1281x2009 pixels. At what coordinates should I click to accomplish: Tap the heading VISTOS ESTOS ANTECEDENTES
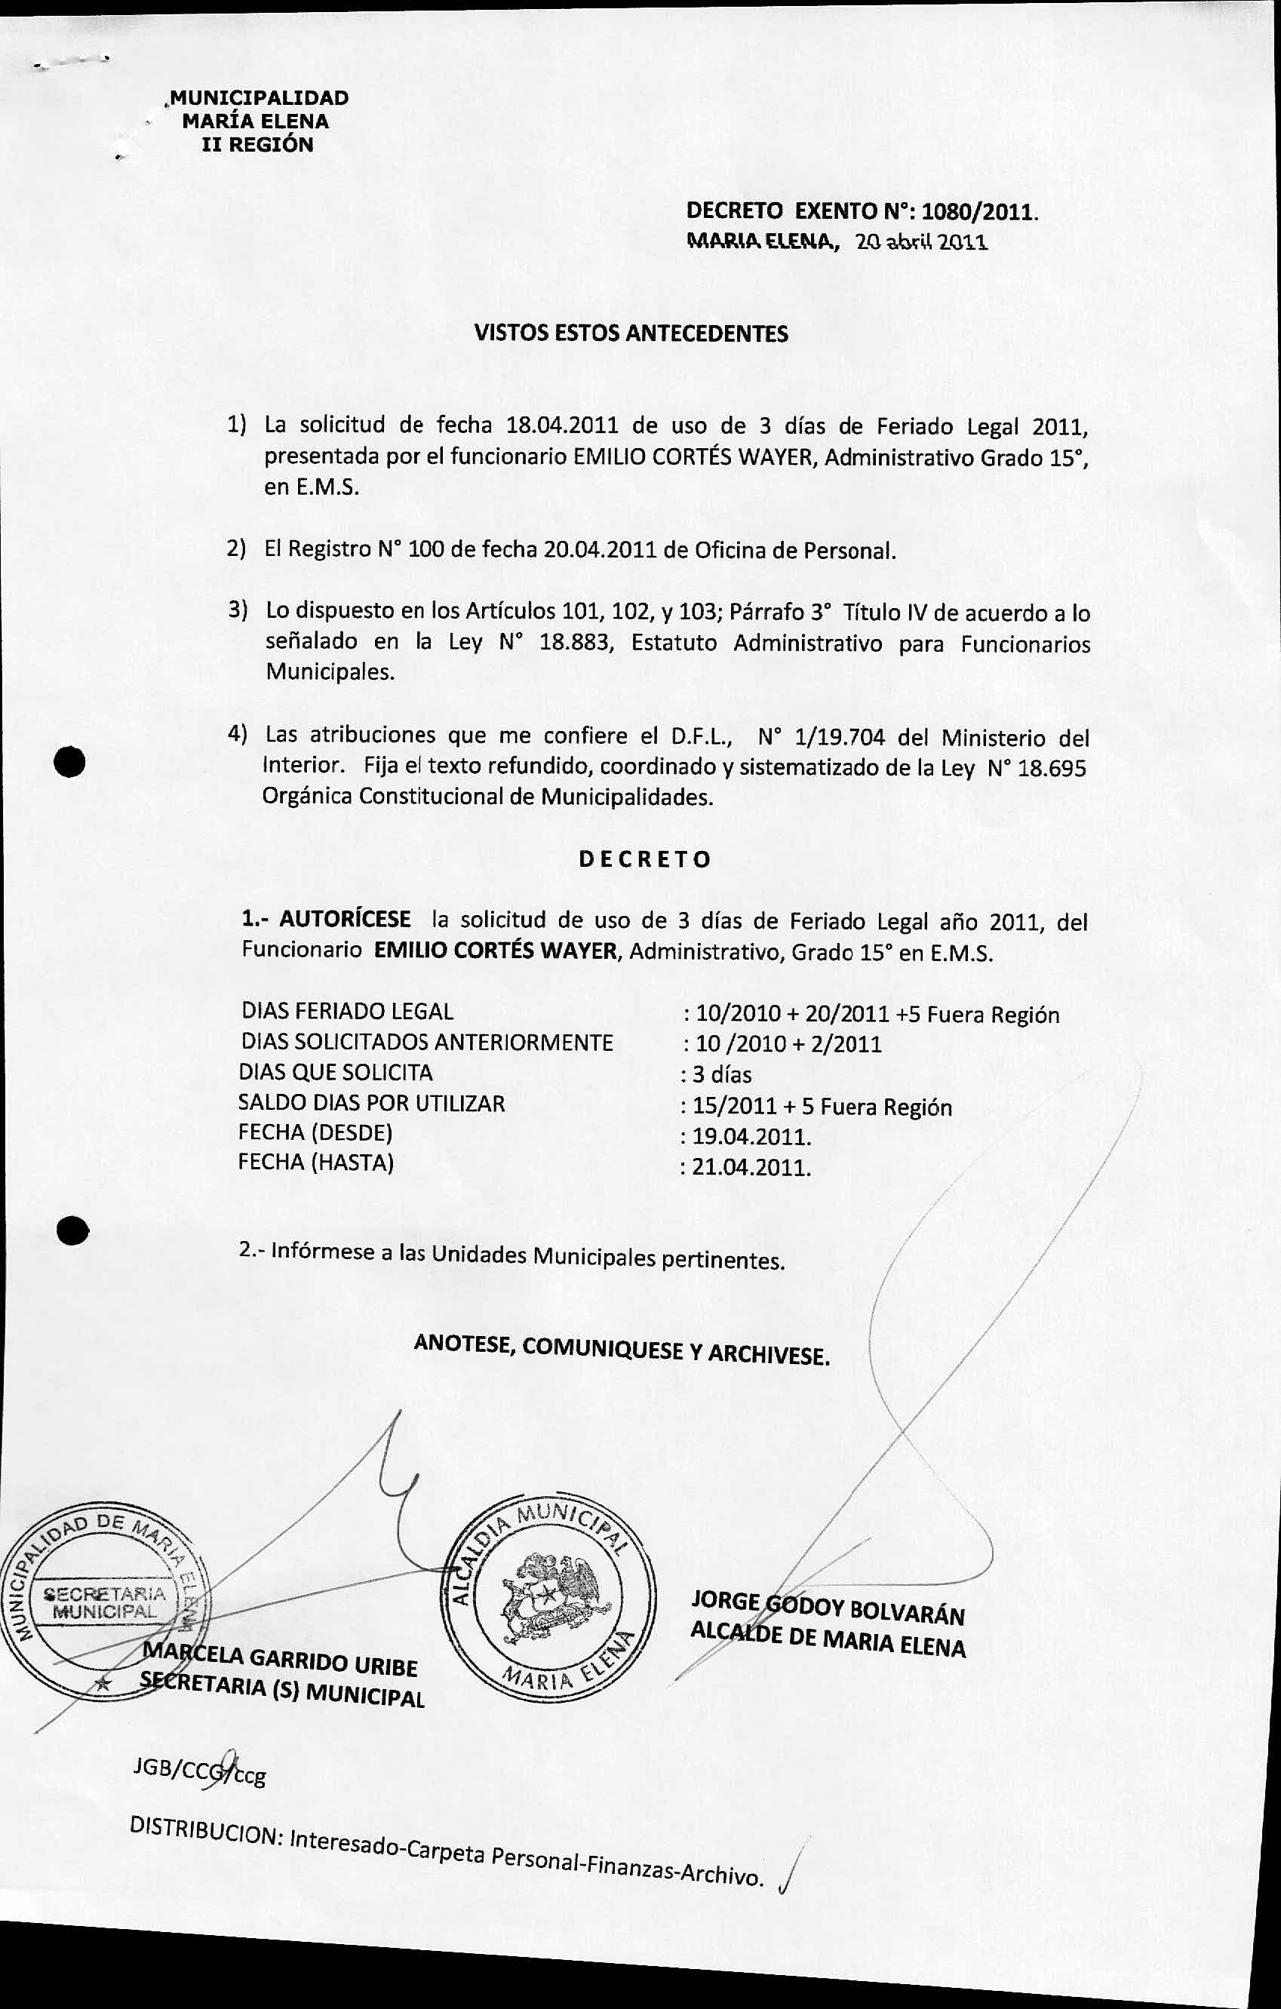click(x=631, y=333)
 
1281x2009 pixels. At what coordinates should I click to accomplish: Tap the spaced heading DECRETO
click(x=645, y=859)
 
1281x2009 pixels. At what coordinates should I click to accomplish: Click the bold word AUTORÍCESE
click(x=345, y=920)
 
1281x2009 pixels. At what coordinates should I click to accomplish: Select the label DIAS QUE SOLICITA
click(x=336, y=1073)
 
